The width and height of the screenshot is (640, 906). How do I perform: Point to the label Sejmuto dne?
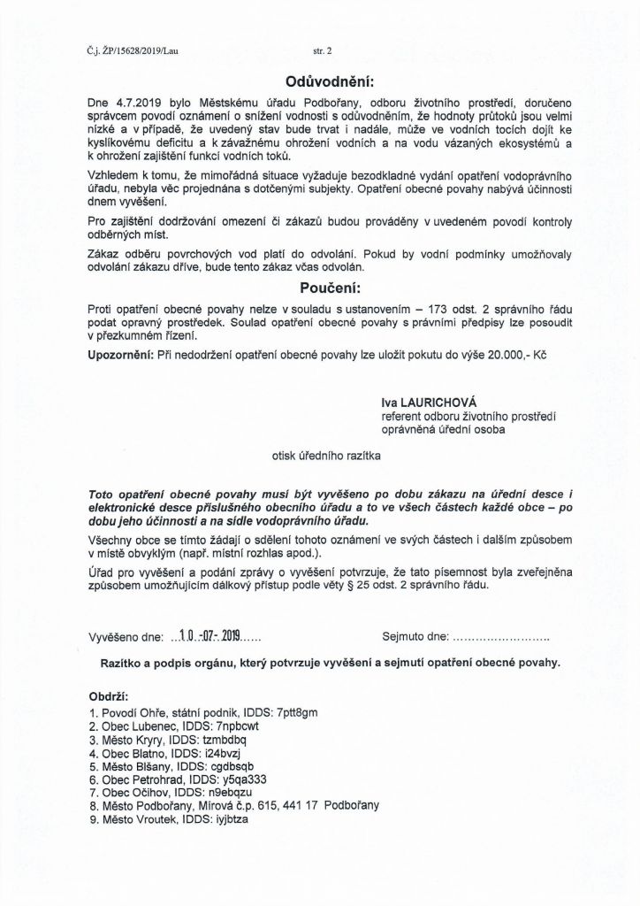[x=415, y=636]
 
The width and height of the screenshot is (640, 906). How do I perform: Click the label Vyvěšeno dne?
[x=127, y=636]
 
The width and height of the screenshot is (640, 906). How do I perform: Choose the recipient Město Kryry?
[x=132, y=740]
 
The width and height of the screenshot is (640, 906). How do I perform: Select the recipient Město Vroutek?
[x=137, y=821]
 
